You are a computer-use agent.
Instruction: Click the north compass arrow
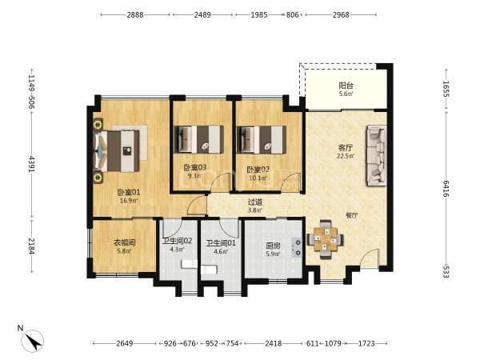(33, 341)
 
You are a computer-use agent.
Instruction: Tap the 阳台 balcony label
(346, 86)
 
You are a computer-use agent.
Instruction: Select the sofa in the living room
(376, 155)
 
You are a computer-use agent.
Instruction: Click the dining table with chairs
(325, 238)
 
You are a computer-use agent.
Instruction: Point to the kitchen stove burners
(297, 248)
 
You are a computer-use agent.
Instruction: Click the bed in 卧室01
(117, 151)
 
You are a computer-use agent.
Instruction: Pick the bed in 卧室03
(198, 139)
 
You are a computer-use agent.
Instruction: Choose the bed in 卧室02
(262, 139)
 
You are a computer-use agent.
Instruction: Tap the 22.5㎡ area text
(346, 156)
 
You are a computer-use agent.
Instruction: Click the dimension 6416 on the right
(446, 189)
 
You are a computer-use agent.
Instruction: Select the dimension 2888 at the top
(135, 14)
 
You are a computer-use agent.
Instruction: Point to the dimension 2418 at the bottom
(274, 343)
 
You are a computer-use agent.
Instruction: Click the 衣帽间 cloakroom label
(125, 243)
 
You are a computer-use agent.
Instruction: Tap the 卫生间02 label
(178, 241)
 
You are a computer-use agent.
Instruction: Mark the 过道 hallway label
(254, 202)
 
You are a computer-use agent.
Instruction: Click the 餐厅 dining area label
(351, 215)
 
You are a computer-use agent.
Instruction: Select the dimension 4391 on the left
(31, 164)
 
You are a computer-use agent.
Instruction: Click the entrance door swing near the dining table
(369, 258)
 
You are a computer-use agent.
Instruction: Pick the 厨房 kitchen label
(273, 246)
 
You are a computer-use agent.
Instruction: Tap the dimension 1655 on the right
(446, 89)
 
